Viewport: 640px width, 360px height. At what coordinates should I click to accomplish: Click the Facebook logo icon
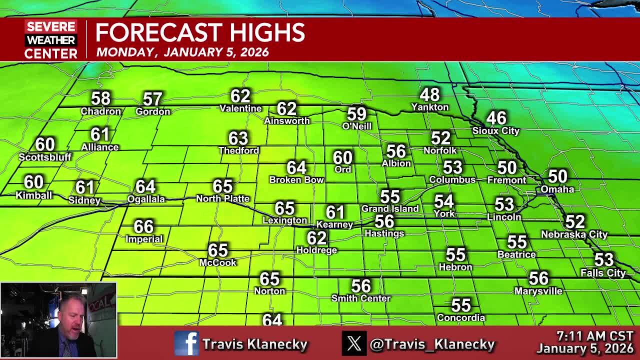[x=186, y=343]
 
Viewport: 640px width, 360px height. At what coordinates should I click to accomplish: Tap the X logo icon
[x=354, y=343]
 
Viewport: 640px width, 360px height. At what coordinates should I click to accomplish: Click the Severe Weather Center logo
[x=51, y=40]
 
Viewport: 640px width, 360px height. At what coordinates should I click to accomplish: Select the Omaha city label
[x=557, y=189]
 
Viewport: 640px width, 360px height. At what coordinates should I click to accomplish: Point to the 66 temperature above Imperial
[x=143, y=226]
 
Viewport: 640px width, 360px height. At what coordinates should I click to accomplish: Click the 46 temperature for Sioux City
[x=496, y=118]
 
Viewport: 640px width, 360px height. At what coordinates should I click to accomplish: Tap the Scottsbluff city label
[x=45, y=157]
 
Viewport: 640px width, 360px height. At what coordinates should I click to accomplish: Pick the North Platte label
[x=222, y=199]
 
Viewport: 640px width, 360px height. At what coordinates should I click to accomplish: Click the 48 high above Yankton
[x=429, y=94]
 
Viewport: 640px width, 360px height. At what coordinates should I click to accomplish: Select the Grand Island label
[x=390, y=209]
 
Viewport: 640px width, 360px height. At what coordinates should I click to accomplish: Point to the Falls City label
[x=603, y=273]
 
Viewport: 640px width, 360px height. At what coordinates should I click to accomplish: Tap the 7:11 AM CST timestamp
[x=594, y=336]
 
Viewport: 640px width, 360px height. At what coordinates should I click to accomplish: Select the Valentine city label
[x=240, y=108]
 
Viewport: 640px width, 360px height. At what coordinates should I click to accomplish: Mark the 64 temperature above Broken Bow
[x=296, y=167]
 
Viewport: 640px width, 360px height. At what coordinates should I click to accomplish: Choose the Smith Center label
[x=361, y=298]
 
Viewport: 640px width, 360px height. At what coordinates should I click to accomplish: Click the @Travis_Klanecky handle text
[x=432, y=344]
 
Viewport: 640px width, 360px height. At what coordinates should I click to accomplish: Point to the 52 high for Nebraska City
[x=574, y=221]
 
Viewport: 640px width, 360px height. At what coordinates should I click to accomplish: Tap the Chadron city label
[x=101, y=111]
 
